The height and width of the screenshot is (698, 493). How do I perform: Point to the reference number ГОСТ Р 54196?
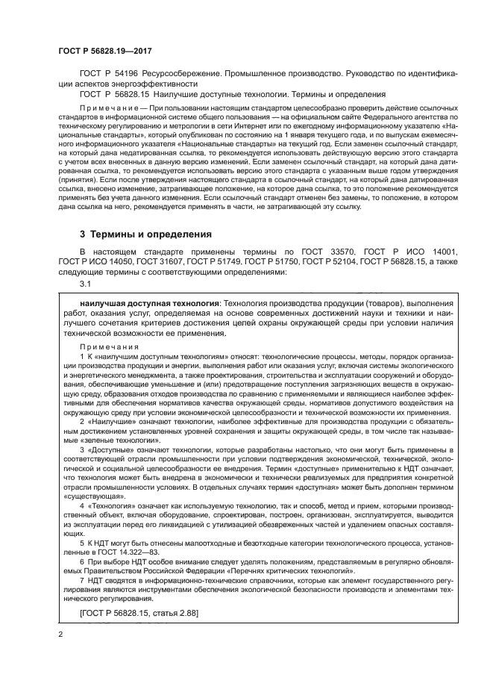pyautogui.click(x=106, y=75)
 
